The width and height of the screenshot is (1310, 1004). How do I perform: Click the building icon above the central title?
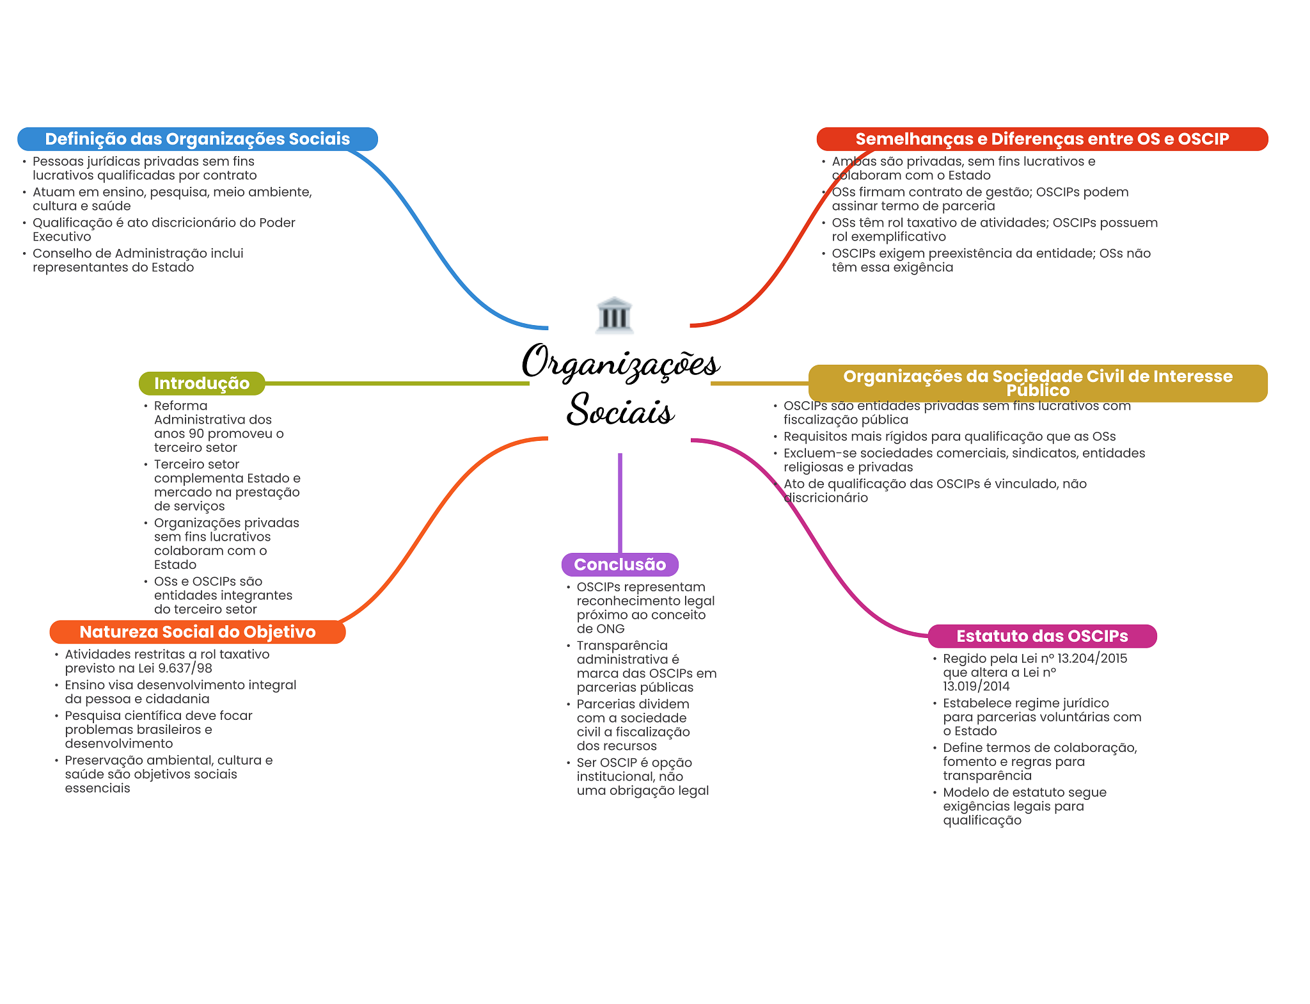coord(614,315)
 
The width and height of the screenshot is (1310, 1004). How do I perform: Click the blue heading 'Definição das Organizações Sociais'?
coord(197,139)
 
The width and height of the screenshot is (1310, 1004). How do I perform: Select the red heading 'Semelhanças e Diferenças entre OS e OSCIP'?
coord(1041,139)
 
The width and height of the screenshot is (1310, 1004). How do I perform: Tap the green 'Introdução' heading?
coord(201,383)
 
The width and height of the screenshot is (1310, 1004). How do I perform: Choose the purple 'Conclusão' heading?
coord(619,564)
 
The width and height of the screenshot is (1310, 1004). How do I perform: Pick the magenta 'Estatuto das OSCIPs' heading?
coord(1041,636)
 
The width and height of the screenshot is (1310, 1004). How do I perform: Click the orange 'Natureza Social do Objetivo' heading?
coord(197,632)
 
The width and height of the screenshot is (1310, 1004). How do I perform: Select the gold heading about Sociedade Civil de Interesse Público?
coord(1038,383)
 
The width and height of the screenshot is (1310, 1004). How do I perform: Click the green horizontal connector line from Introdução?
coord(397,383)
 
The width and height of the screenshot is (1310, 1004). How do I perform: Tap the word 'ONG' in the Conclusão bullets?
coord(610,629)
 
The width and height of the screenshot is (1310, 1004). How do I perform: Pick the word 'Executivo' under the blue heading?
coord(62,237)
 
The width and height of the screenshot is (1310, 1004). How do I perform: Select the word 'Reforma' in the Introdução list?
coord(180,406)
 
